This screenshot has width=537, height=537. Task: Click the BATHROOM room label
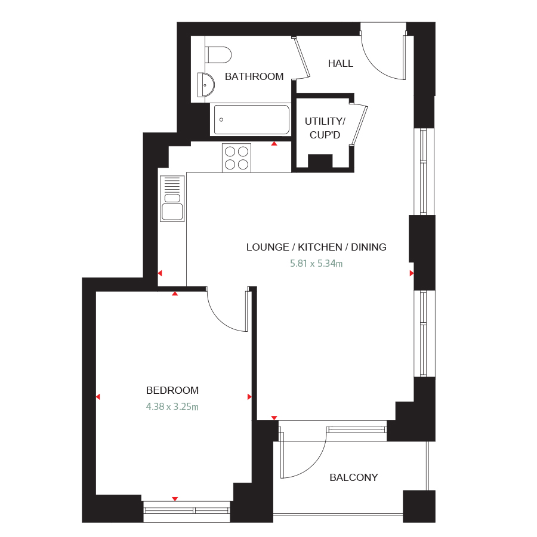(254, 76)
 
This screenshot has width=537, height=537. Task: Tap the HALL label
(340, 63)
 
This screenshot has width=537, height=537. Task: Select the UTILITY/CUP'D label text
(325, 128)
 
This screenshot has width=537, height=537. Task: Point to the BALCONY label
(354, 477)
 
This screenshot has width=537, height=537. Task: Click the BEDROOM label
(172, 390)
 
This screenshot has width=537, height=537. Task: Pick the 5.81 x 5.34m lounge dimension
(316, 263)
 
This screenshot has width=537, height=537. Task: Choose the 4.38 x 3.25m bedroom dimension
(172, 407)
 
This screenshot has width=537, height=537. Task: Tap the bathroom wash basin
(205, 85)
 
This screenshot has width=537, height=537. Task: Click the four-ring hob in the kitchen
(236, 158)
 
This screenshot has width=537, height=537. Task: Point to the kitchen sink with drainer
(172, 199)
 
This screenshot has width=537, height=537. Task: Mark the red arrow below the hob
(274, 144)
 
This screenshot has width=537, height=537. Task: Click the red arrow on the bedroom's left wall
(98, 396)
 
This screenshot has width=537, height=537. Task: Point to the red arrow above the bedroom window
(175, 498)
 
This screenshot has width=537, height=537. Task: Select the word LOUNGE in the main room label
(266, 247)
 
